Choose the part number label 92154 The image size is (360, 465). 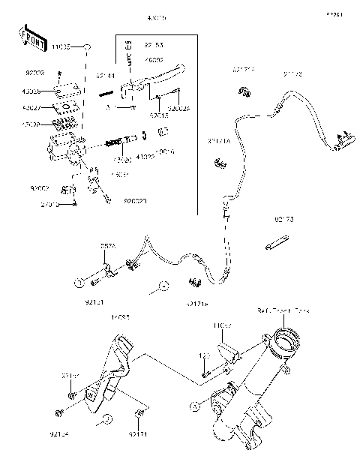[58, 433]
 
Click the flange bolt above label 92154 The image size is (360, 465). [58, 412]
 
